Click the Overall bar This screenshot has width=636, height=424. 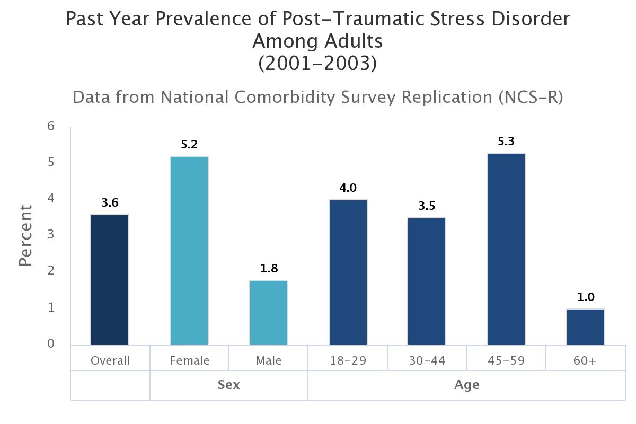110,280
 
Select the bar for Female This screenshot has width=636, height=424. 189,251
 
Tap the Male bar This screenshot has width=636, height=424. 269,313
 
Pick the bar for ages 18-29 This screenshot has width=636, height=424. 348,272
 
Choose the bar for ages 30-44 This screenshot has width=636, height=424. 427,281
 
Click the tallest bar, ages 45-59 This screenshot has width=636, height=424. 506,249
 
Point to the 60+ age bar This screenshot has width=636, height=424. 586,326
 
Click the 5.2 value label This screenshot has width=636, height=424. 189,145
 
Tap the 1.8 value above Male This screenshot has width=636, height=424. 269,269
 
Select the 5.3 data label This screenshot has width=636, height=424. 506,142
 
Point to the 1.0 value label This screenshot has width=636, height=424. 586,297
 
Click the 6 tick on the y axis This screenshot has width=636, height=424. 51,126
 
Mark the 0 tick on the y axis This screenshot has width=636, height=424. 51,343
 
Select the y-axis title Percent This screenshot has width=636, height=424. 25,235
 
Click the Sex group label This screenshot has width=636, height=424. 229,385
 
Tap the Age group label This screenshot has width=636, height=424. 466,385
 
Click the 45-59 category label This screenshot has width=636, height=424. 506,361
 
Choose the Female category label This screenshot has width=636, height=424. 189,361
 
